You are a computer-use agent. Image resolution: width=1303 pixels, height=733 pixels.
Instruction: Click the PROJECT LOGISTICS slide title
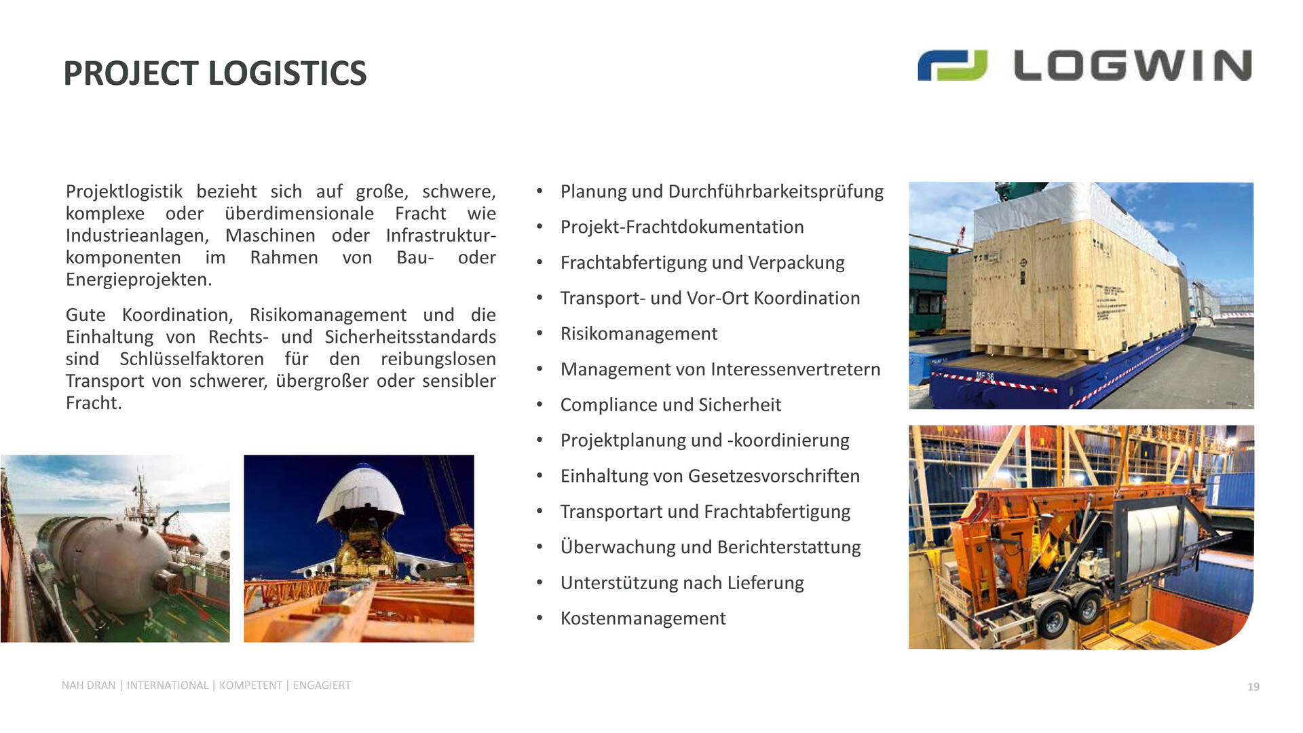click(x=214, y=73)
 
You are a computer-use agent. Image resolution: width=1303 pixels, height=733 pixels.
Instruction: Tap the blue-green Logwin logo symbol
click(x=952, y=65)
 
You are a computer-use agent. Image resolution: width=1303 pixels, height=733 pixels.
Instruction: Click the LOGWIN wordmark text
click(x=1133, y=65)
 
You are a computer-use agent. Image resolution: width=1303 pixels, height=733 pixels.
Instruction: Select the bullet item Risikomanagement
click(x=639, y=334)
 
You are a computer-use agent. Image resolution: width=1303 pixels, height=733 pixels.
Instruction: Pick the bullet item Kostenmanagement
click(x=643, y=618)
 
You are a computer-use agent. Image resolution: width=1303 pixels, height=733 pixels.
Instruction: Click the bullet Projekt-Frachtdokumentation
click(x=682, y=227)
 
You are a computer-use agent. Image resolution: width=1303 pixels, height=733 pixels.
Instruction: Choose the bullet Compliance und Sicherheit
click(x=671, y=405)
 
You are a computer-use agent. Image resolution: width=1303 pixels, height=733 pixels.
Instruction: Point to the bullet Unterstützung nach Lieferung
click(x=682, y=582)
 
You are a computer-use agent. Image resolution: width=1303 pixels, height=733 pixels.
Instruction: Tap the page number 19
click(x=1253, y=687)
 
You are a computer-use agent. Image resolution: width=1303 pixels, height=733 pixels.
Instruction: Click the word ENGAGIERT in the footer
click(x=322, y=685)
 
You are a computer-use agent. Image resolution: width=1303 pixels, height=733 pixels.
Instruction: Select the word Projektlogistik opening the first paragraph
click(x=124, y=191)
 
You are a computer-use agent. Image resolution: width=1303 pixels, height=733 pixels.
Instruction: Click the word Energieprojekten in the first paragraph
click(x=138, y=280)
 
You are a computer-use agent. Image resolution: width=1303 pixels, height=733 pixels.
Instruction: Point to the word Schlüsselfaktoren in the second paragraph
click(x=192, y=358)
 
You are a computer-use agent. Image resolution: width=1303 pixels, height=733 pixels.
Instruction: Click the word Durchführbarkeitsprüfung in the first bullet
click(x=776, y=191)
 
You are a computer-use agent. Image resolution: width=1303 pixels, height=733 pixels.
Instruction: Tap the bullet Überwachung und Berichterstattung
click(x=711, y=547)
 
